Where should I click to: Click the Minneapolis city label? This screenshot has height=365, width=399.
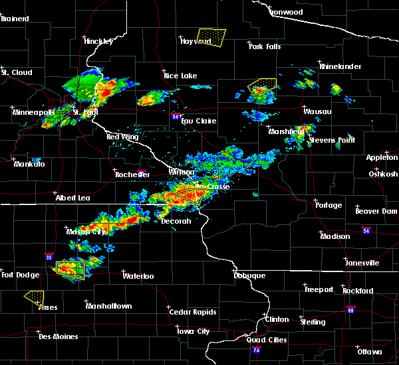pos(33,112)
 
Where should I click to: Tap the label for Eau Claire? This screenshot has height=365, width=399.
pos(199,121)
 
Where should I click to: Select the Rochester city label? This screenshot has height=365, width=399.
pos(132,175)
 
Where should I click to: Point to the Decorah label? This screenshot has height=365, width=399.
pos(176,221)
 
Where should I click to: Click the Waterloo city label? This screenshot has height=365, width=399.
pos(138,275)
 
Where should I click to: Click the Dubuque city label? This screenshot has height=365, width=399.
pos(249,275)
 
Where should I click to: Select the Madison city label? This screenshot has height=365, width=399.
pos(334,236)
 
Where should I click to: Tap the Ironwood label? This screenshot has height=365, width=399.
pos(286,12)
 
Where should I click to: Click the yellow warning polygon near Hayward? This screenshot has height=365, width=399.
pos(211,36)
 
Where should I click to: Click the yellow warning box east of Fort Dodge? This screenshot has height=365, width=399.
pos(70,268)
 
